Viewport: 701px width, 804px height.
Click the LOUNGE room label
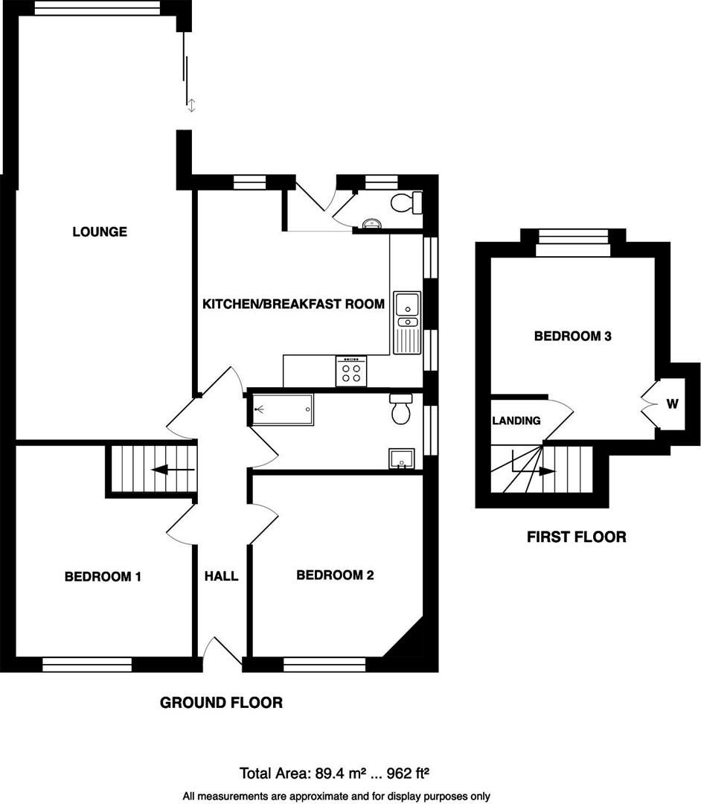pos(100,232)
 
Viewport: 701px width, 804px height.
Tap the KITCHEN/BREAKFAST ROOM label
pos(294,304)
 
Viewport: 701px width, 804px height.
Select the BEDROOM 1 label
pos(103,576)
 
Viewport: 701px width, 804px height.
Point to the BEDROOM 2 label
pos(335,575)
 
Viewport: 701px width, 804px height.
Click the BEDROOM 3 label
pos(573,336)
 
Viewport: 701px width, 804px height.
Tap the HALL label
pos(222,576)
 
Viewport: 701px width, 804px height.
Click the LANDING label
pos(516,421)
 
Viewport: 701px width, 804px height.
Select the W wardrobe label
pos(672,404)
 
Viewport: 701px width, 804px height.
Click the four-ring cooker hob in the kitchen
pos(352,371)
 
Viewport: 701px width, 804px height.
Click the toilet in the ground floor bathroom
pos(401,409)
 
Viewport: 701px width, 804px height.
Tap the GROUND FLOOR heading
pos(221,702)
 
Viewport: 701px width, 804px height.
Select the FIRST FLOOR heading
pos(576,536)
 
